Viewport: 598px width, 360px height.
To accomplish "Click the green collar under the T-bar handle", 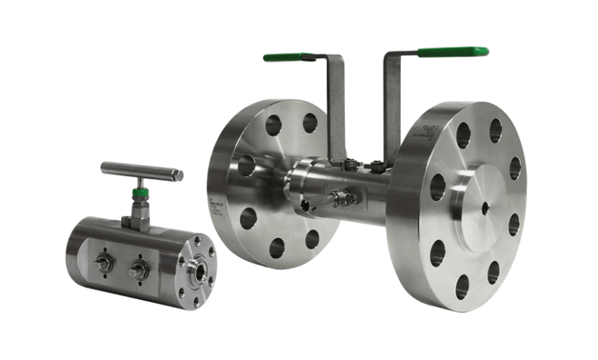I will coord(140,192).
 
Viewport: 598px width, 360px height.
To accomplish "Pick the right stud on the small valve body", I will coord(140,270).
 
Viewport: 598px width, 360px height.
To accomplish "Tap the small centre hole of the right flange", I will coord(484,206).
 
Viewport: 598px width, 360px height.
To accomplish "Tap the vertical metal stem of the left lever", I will coord(334,109).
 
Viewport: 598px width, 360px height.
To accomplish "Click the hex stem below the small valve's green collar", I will coord(140,209).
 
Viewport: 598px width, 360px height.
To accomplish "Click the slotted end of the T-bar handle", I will coord(177,171).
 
